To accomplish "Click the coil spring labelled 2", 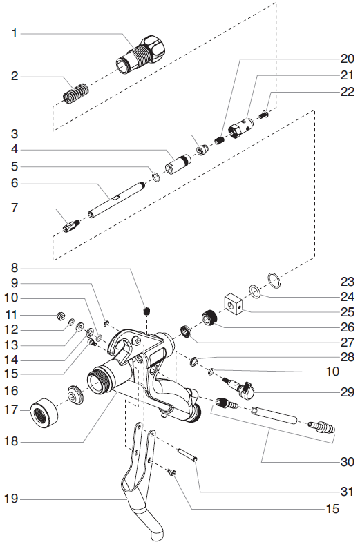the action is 75,93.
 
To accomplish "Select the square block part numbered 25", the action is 234,304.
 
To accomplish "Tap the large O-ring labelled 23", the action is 274,280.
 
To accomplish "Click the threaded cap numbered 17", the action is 44,414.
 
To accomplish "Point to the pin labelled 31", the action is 188,454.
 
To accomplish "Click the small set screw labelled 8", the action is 148,311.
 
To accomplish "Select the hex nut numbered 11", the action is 59,316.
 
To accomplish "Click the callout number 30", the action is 348,462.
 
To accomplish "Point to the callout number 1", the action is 15,33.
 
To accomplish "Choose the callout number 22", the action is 348,92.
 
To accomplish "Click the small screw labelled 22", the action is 263,114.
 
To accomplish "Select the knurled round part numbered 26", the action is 210,317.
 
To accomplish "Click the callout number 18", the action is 10,441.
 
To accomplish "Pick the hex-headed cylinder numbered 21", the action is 240,127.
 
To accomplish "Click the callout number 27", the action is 348,342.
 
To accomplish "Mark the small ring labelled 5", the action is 156,177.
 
